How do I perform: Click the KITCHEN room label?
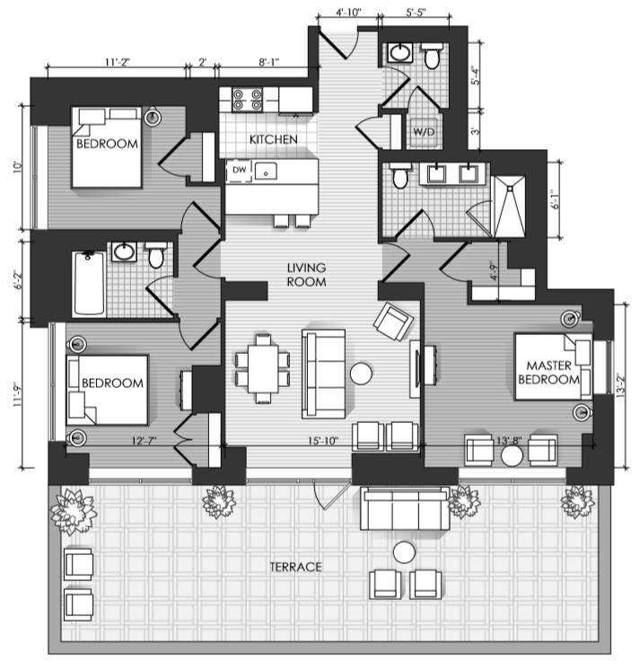[x=273, y=139]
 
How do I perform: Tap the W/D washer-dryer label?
[x=424, y=132]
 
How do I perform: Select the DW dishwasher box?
[x=239, y=171]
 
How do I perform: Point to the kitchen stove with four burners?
[x=247, y=100]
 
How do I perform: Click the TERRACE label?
[x=295, y=567]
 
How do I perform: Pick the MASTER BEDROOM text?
[x=548, y=372]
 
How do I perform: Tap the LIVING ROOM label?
[x=307, y=275]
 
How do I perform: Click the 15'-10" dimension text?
[x=323, y=441]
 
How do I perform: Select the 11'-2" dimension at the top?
[x=117, y=62]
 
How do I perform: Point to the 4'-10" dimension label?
[x=348, y=12]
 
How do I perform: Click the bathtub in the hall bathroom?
[x=89, y=284]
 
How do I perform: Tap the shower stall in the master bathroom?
[x=510, y=206]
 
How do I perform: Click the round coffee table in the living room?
[x=361, y=373]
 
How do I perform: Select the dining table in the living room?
[x=263, y=368]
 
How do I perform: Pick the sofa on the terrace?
[x=405, y=508]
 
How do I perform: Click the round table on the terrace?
[x=404, y=552]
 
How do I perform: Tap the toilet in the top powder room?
[x=432, y=56]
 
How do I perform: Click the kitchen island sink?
[x=266, y=171]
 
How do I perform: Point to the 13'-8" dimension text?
[x=508, y=441]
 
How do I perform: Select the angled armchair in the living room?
[x=393, y=322]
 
